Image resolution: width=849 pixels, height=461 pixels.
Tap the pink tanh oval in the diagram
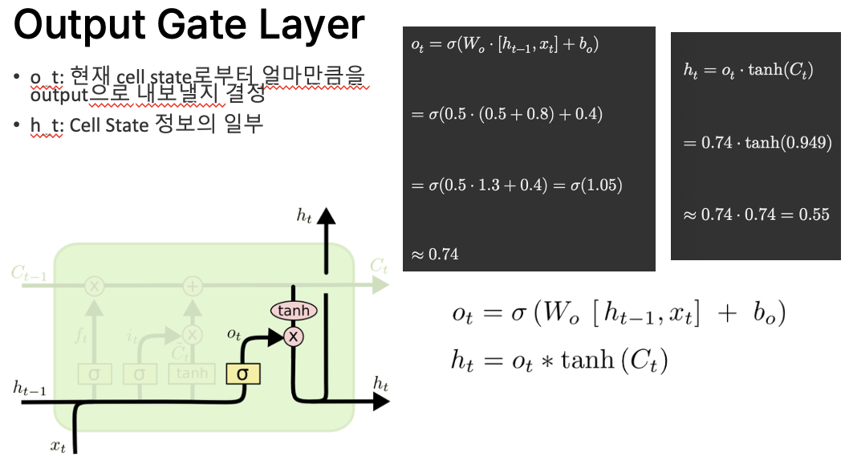point(294,311)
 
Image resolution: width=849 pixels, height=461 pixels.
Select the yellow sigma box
point(242,373)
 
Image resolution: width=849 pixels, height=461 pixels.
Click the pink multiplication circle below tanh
point(294,337)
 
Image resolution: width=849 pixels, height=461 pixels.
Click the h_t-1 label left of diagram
point(30,389)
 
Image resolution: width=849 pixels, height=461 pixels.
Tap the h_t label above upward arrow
point(303,214)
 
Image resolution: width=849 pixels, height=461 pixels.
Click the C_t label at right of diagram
point(379,267)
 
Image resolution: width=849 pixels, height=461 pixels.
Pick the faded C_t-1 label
point(29,273)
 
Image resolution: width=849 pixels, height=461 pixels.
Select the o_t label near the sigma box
point(234,333)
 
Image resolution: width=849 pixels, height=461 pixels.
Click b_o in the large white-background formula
point(763,314)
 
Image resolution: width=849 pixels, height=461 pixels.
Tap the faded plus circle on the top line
point(193,286)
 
